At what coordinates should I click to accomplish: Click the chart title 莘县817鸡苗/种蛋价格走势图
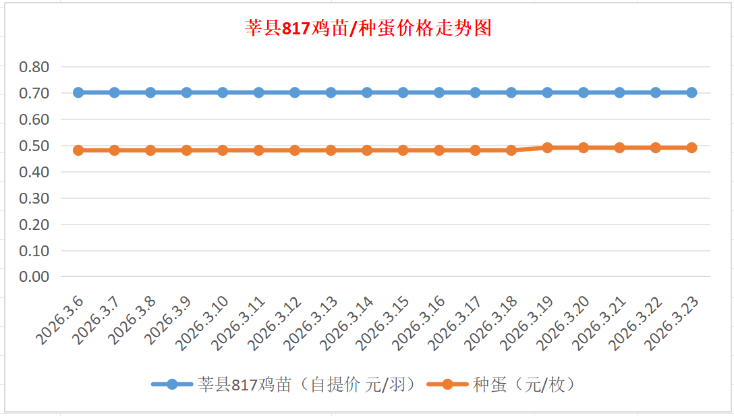point(368,28)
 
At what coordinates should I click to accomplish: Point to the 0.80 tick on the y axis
point(34,67)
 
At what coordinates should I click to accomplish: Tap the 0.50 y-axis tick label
point(34,146)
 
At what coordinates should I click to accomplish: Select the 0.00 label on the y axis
point(34,276)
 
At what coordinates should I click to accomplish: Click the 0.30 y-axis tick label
point(34,198)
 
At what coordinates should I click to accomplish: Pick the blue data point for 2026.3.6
point(78,92)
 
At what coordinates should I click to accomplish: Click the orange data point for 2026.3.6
point(78,150)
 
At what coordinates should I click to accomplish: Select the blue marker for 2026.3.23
point(691,92)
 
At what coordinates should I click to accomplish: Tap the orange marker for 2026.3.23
point(691,148)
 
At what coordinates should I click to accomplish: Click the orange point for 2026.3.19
point(547,148)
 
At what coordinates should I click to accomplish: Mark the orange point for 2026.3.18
point(511,150)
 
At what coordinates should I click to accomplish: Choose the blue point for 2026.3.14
point(367,92)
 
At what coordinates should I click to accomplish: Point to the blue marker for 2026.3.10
point(223,92)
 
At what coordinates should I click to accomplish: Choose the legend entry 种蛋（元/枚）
point(523,384)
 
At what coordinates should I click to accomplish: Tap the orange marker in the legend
point(447,384)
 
